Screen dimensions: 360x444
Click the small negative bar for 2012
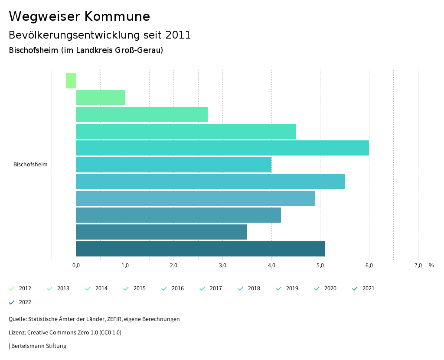pos(71,81)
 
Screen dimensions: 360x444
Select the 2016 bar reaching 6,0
pos(222,148)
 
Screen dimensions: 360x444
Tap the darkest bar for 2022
pos(200,249)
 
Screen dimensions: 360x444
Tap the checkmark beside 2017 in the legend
pos(202,289)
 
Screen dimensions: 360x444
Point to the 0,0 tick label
pos(76,266)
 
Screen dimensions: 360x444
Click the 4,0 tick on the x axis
pos(271,266)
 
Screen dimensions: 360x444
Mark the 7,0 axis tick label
pos(418,266)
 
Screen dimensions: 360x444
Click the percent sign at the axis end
pos(431,266)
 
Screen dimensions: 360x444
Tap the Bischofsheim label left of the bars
pos(30,165)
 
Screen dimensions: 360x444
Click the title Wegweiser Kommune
pos(79,16)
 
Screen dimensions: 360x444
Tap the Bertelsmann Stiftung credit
pos(39,346)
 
